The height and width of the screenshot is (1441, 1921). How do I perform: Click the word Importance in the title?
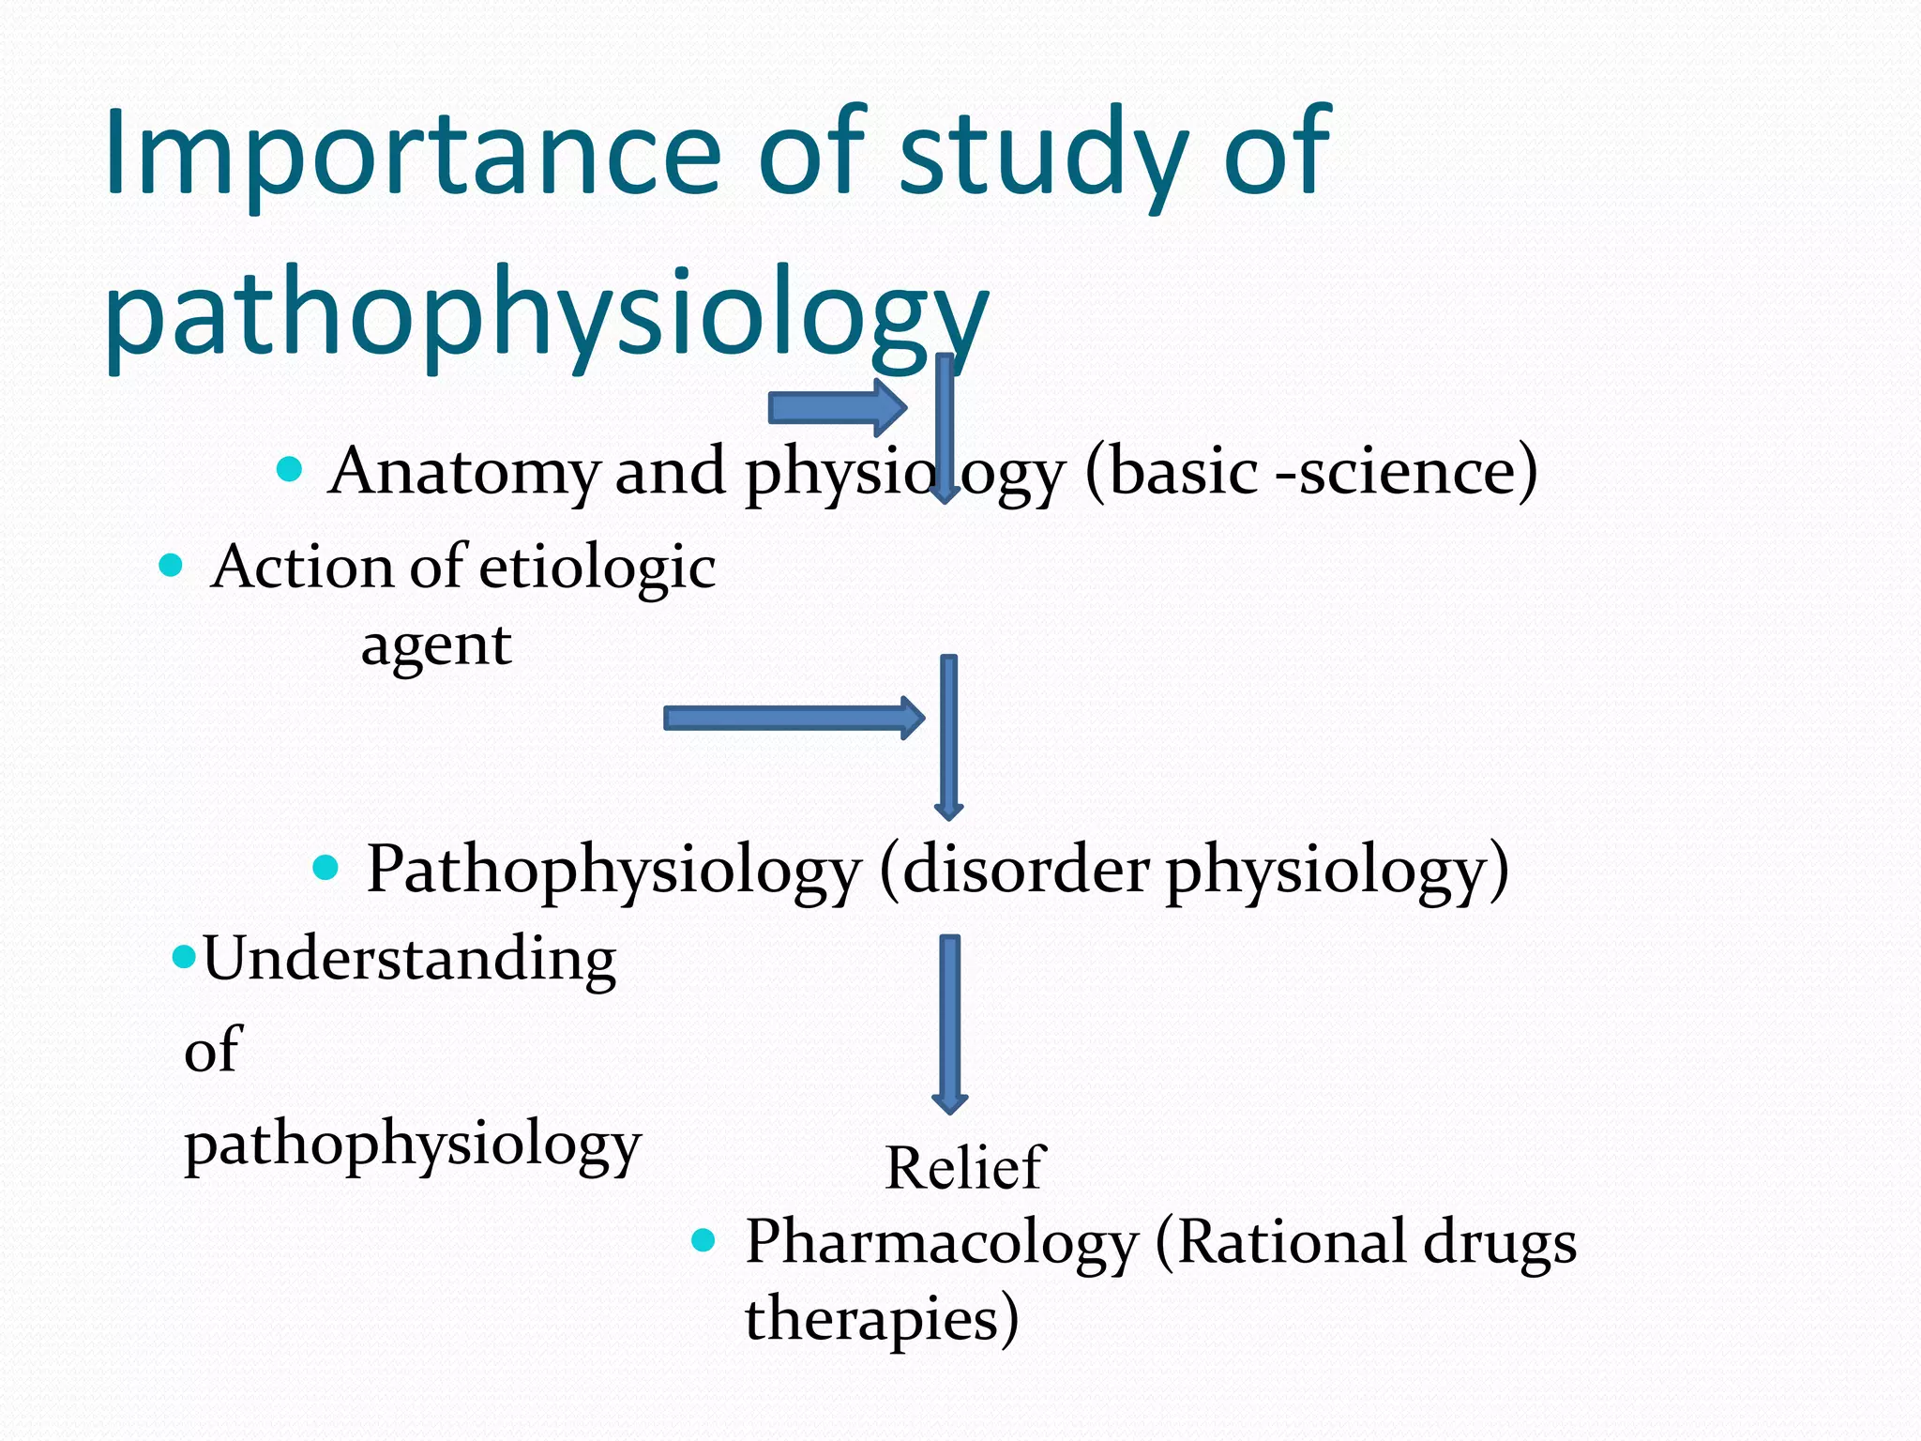(413, 155)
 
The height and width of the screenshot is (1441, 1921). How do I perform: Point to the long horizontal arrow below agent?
(793, 719)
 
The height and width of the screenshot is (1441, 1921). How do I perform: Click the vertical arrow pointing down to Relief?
(950, 1023)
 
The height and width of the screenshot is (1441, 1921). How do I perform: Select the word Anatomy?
(463, 471)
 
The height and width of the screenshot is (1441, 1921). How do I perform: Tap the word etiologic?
(597, 569)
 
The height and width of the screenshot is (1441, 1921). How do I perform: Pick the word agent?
(436, 645)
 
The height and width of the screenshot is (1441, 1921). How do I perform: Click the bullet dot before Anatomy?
(290, 468)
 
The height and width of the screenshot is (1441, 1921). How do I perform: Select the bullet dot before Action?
(171, 565)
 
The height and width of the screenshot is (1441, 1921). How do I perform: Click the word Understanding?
(410, 959)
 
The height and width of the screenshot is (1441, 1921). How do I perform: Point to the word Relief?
(965, 1168)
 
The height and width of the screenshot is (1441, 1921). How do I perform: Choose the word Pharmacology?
(941, 1243)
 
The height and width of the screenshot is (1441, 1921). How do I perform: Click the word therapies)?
(882, 1318)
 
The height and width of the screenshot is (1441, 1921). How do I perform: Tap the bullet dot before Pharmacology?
(703, 1240)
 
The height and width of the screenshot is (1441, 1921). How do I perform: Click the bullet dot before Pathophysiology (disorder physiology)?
(325, 867)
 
